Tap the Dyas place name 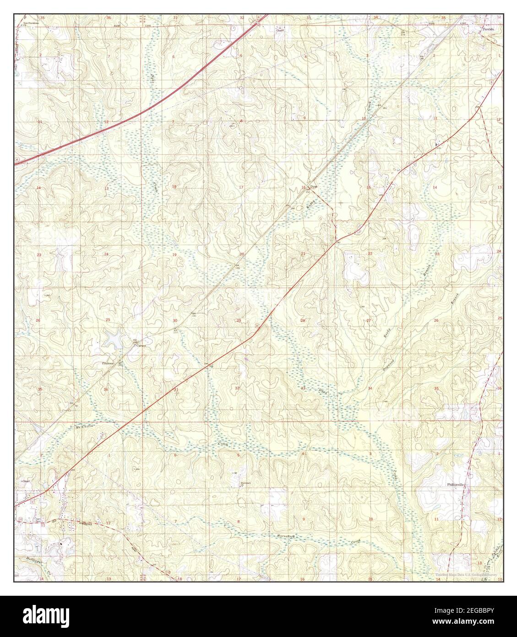click(314, 187)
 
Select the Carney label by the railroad click(141, 346)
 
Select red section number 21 click(303, 253)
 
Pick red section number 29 click(238, 320)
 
